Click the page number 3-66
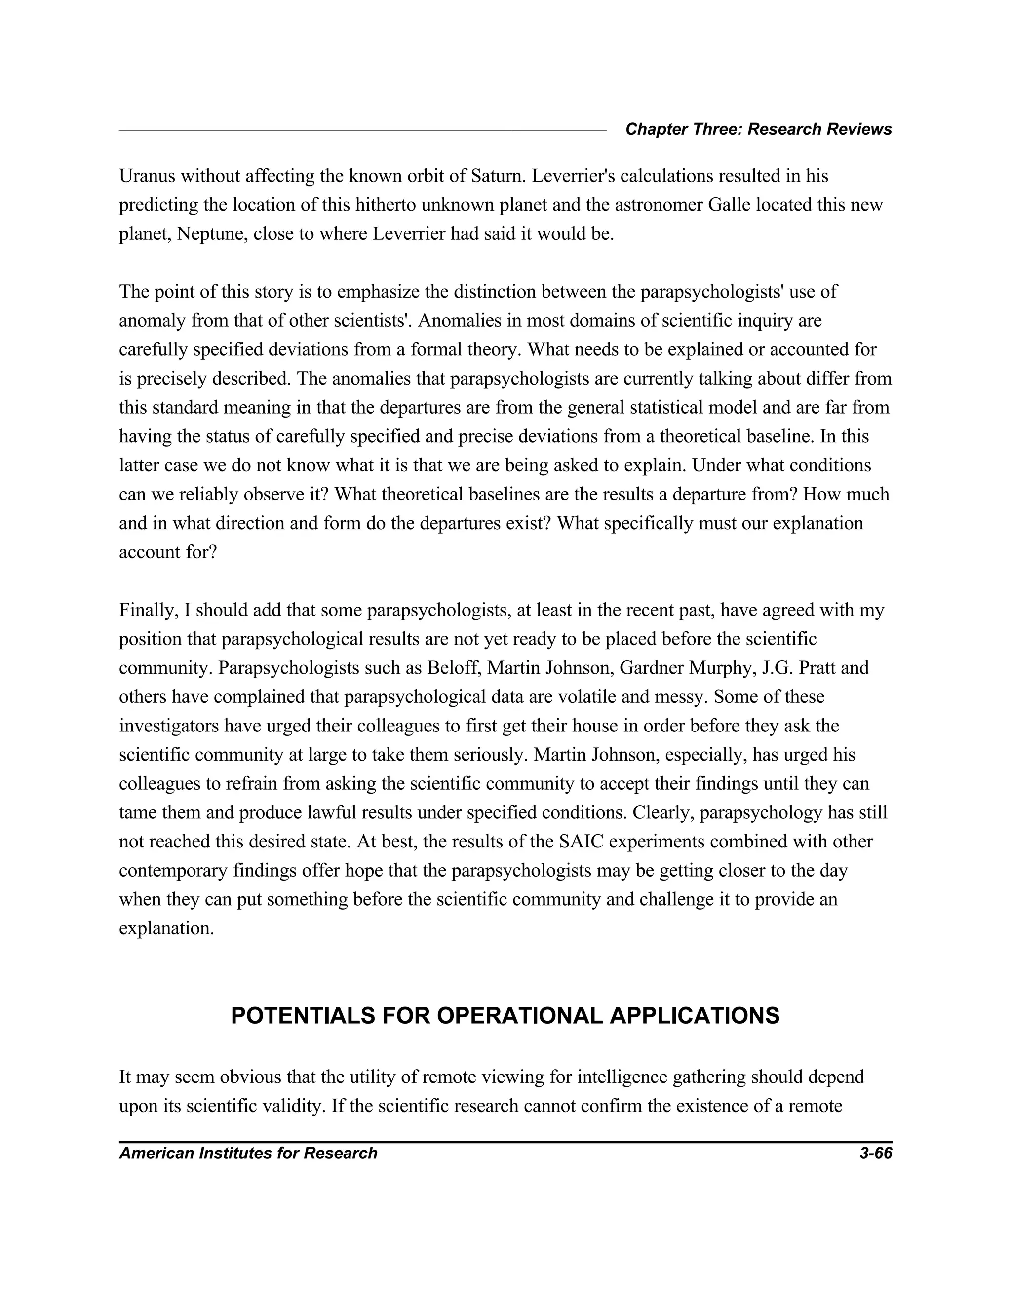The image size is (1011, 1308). tap(875, 1154)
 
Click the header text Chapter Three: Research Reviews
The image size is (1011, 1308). tap(758, 129)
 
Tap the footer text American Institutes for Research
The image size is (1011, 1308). tap(248, 1154)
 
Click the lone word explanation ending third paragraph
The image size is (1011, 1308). tap(166, 928)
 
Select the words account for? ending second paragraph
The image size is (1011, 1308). tap(168, 552)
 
